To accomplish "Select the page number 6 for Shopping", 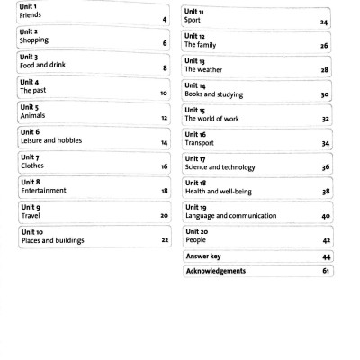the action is (x=165, y=43).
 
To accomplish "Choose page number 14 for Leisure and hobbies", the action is (x=164, y=143).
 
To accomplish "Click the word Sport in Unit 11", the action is (x=194, y=18).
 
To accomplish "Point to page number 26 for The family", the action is (x=324, y=44).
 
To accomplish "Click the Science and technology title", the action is (x=226, y=167).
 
